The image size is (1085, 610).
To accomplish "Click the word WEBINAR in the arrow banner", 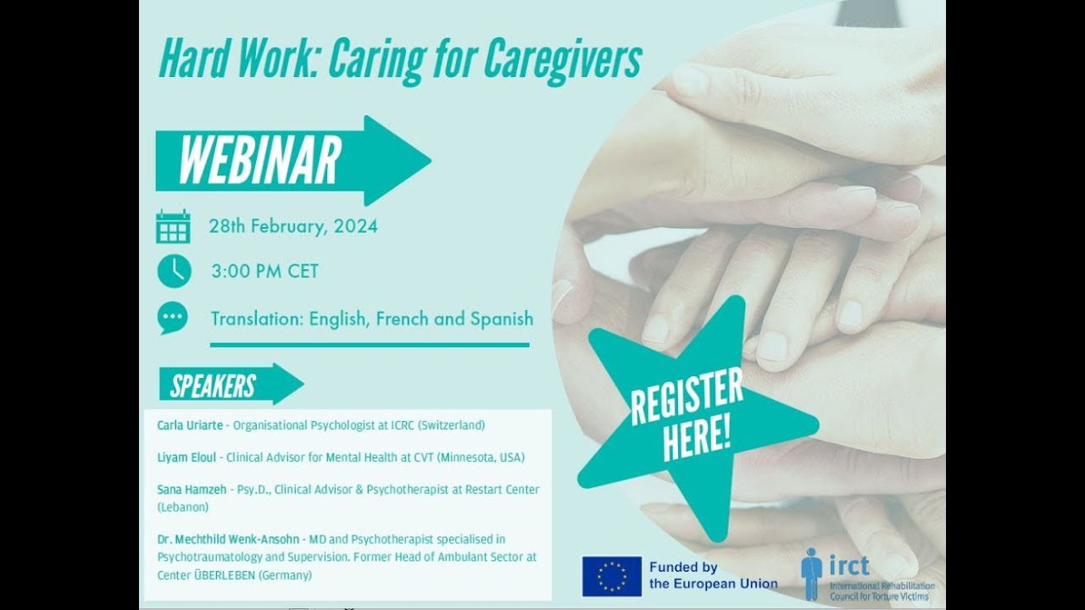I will tap(259, 160).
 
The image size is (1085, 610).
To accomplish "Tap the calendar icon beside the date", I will tap(173, 227).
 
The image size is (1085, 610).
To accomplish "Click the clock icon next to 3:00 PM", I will tap(174, 271).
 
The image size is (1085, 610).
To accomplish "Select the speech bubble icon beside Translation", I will tap(173, 318).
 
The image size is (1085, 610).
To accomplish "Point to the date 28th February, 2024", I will tap(293, 226).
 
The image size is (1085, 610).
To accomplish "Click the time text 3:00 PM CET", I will tap(264, 272).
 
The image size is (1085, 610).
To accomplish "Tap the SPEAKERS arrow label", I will tap(214, 385).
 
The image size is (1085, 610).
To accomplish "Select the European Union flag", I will tap(611, 576).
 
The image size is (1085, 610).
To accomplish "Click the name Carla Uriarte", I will tap(192, 425).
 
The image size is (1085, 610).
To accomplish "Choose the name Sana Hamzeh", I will tap(192, 490).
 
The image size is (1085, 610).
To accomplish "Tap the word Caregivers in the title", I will tap(564, 58).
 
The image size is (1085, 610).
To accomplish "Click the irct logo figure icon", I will tap(811, 573).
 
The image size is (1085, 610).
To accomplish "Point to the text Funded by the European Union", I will tap(713, 575).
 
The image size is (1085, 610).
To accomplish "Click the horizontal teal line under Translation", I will tap(370, 345).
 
